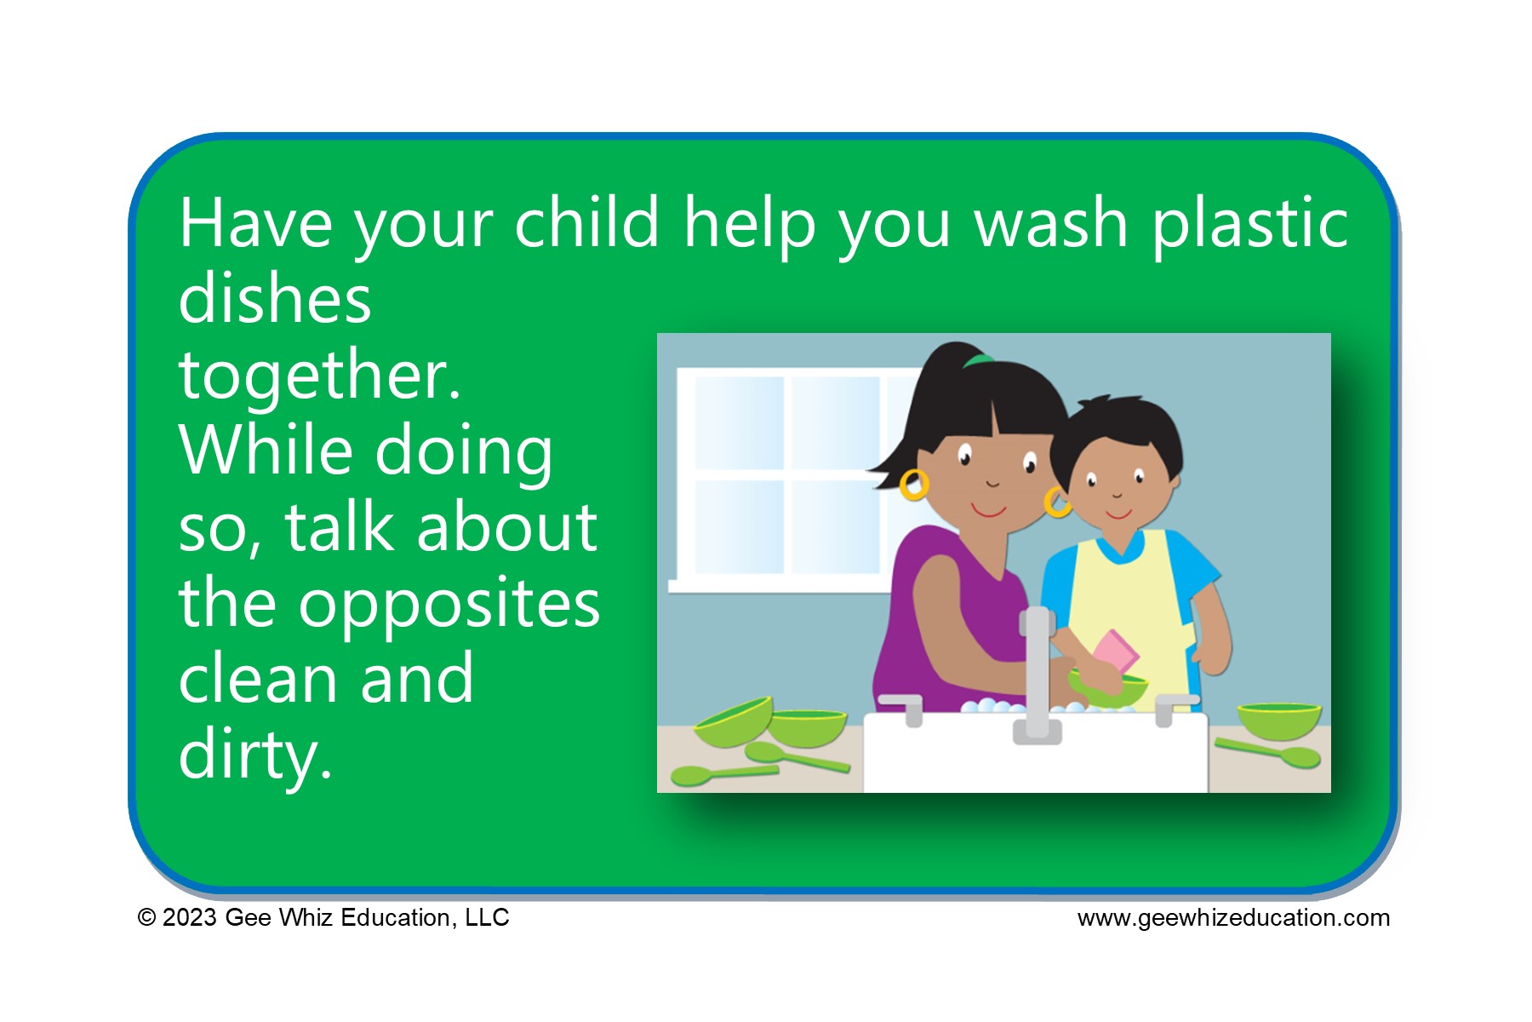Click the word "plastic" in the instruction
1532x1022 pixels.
(x=1249, y=224)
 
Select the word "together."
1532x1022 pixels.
(x=320, y=376)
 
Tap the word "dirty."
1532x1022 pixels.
(x=255, y=755)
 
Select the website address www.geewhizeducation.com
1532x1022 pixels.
(x=1233, y=918)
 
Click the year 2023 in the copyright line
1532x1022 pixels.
(x=189, y=917)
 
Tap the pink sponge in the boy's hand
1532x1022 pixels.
(x=1115, y=652)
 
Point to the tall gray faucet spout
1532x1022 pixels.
(x=1037, y=673)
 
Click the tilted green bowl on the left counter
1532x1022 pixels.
(x=734, y=721)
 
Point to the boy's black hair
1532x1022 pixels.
(x=1119, y=434)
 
